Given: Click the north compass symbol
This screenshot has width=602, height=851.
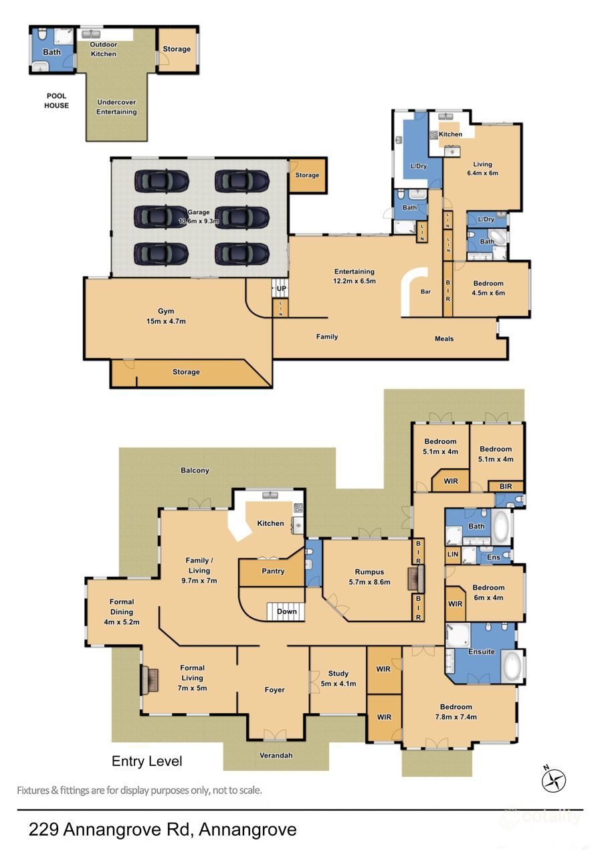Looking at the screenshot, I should coord(555,779).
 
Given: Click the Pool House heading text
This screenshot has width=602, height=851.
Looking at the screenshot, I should coord(57,100).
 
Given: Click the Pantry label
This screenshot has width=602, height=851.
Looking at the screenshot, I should coord(273,571).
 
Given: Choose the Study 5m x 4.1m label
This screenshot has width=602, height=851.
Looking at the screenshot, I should coord(338,678).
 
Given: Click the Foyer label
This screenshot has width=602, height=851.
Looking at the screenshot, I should coord(274,690).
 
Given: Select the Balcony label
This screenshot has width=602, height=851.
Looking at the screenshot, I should coord(195,470).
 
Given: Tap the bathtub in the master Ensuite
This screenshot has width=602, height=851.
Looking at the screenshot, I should coord(513,667).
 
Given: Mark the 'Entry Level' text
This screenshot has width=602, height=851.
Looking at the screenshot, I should coord(146,761).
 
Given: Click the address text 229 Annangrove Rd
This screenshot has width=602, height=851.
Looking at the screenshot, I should coord(163,830).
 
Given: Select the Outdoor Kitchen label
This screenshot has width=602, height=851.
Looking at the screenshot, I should coord(103,49).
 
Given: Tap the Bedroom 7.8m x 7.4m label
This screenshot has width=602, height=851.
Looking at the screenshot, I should coord(456,712).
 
